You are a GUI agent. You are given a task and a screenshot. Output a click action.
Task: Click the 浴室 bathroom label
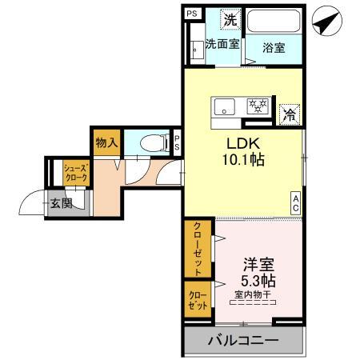[x=274, y=47]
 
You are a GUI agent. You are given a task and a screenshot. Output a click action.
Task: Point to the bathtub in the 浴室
[x=274, y=21]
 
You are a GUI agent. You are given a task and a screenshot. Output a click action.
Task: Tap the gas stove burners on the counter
[x=258, y=105]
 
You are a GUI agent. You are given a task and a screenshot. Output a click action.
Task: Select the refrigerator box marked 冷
[x=290, y=114]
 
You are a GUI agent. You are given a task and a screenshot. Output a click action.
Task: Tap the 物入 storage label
[x=106, y=143]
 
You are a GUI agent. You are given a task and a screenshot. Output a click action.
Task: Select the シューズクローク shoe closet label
[x=76, y=173]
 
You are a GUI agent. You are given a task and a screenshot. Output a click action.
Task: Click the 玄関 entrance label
[x=60, y=204]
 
